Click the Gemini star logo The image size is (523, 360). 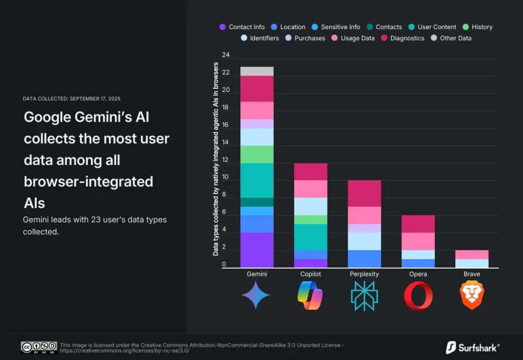(256, 295)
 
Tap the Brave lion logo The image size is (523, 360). (472, 295)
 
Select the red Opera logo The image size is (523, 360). (418, 296)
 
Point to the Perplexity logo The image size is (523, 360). (364, 296)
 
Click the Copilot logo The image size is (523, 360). (310, 295)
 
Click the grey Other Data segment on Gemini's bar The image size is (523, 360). (257, 71)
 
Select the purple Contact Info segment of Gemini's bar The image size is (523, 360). (257, 250)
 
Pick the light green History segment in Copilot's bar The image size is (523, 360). (311, 219)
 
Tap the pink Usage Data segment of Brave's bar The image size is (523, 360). (472, 254)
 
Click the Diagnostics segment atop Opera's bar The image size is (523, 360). (418, 224)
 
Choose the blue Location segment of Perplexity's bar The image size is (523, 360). (364, 259)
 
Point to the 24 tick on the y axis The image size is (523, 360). (226, 55)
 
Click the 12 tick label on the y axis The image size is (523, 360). (226, 160)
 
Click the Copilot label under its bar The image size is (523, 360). (310, 274)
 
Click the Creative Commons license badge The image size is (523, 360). (39, 347)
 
